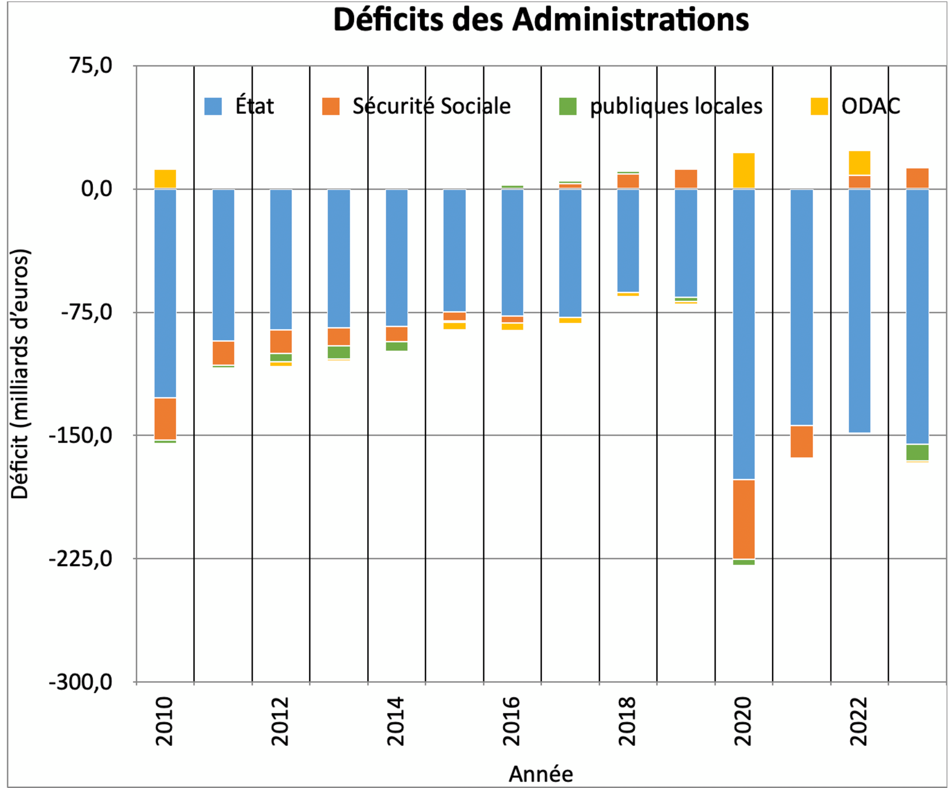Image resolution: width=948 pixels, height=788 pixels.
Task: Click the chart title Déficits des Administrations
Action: [x=541, y=20]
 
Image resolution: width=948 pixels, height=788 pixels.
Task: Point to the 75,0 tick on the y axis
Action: [x=91, y=66]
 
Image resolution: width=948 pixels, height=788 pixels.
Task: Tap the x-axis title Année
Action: [x=541, y=774]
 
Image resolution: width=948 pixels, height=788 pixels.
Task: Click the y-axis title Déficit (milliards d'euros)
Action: [x=20, y=374]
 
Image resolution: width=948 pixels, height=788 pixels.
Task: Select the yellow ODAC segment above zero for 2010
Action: [x=165, y=179]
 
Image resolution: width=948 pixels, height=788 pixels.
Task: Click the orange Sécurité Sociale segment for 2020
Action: [x=743, y=519]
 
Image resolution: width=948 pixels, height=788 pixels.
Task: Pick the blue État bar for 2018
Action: [x=628, y=240]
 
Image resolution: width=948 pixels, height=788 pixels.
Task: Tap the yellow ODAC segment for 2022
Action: [x=860, y=162]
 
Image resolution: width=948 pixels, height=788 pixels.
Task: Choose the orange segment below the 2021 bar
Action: [x=802, y=441]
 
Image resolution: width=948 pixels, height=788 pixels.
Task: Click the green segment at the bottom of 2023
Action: [x=917, y=452]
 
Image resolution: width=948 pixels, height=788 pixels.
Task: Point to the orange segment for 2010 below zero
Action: [x=165, y=418]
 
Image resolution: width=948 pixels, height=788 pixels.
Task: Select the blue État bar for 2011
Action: [x=224, y=265]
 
